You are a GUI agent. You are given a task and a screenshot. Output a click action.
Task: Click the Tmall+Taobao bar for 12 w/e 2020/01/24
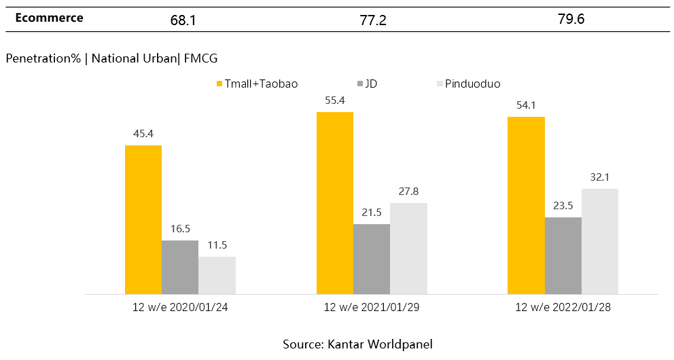(143, 219)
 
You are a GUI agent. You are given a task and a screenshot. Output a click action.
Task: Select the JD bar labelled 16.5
(180, 267)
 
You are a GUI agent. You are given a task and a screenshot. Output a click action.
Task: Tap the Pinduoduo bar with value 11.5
(217, 275)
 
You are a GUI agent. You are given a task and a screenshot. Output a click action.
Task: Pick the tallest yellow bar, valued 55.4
(335, 203)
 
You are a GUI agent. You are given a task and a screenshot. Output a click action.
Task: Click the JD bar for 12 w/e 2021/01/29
(372, 259)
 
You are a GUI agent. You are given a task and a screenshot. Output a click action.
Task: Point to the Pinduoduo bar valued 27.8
(408, 249)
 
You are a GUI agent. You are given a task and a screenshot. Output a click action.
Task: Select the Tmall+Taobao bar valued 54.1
(527, 205)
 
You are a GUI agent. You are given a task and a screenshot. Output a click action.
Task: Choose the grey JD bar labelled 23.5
(563, 255)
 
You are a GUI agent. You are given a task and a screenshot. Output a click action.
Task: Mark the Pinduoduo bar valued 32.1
(600, 241)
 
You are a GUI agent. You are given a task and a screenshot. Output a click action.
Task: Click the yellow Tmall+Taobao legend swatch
(219, 84)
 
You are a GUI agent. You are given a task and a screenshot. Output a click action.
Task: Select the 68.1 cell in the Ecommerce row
(183, 20)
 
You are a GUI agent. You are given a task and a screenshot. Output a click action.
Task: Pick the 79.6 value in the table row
(571, 19)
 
